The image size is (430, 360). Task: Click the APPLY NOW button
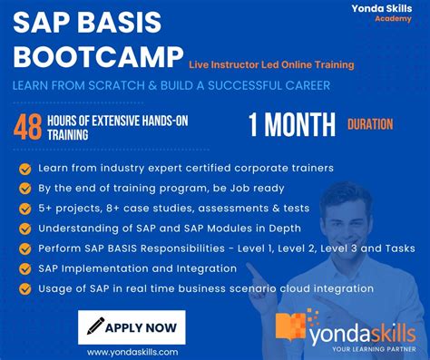click(x=132, y=326)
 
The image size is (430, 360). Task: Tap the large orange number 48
click(x=30, y=128)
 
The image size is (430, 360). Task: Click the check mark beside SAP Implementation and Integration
click(x=24, y=268)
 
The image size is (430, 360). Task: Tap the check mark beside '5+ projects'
click(x=24, y=209)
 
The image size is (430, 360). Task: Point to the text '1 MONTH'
click(x=288, y=125)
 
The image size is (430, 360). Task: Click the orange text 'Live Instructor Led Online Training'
click(x=271, y=64)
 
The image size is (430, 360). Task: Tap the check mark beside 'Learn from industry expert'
click(x=24, y=169)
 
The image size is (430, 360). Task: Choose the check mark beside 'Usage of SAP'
click(x=24, y=288)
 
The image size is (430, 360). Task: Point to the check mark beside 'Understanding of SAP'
click(x=24, y=229)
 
